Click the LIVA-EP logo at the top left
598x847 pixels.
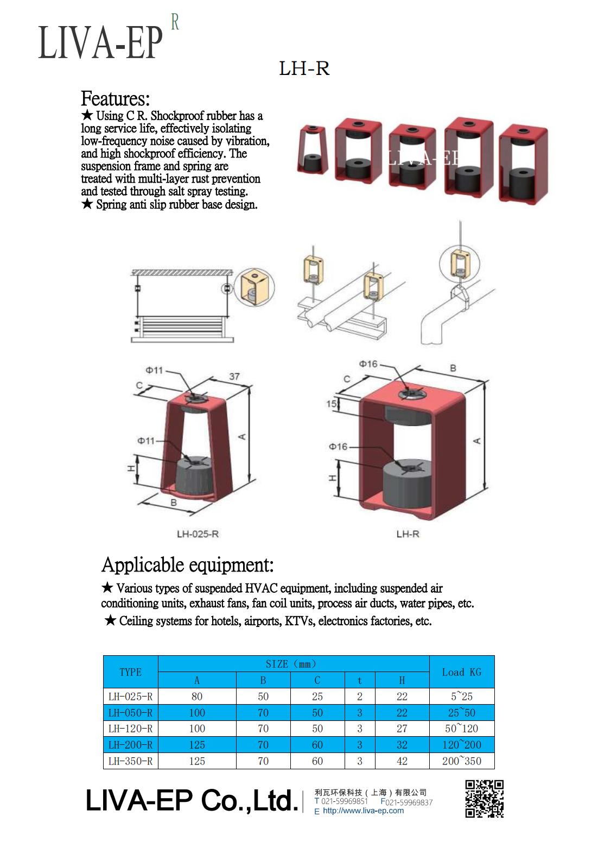click(101, 42)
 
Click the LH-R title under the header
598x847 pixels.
click(304, 68)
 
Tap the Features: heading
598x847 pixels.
click(115, 99)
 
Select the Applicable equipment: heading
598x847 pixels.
click(187, 565)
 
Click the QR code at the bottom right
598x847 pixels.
click(484, 798)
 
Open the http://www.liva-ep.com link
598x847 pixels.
click(363, 811)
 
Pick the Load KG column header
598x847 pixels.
click(461, 672)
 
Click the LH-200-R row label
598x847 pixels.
click(130, 745)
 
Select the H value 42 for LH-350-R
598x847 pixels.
click(402, 761)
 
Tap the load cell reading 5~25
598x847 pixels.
click(461, 697)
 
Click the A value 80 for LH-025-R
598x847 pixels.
click(197, 697)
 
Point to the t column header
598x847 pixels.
click(359, 680)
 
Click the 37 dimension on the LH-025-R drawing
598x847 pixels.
click(234, 376)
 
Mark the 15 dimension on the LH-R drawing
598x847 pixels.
click(330, 404)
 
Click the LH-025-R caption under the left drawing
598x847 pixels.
click(198, 534)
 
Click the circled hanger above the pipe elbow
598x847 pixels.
click(459, 265)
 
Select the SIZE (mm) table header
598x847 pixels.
click(293, 664)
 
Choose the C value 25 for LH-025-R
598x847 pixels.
click(317, 697)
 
